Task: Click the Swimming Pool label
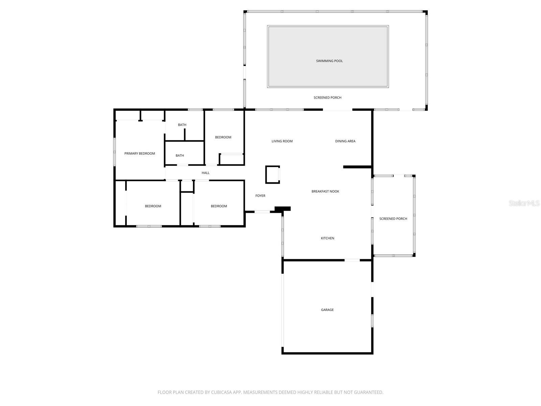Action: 329,61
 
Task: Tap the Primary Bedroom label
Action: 140,154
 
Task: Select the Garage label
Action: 327,310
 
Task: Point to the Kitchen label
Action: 327,238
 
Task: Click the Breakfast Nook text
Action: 325,191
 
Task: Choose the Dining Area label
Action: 345,141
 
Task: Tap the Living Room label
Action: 282,141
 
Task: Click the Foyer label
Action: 260,196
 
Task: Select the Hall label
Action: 206,173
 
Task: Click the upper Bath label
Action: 182,125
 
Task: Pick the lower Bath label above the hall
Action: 180,156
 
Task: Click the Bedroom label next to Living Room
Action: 223,137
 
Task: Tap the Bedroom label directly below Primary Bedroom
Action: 153,206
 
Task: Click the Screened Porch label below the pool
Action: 327,97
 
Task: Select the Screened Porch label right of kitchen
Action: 393,219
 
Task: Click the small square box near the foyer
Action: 272,175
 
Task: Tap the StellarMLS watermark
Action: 524,203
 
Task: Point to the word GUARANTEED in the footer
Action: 368,392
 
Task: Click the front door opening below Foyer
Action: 262,212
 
